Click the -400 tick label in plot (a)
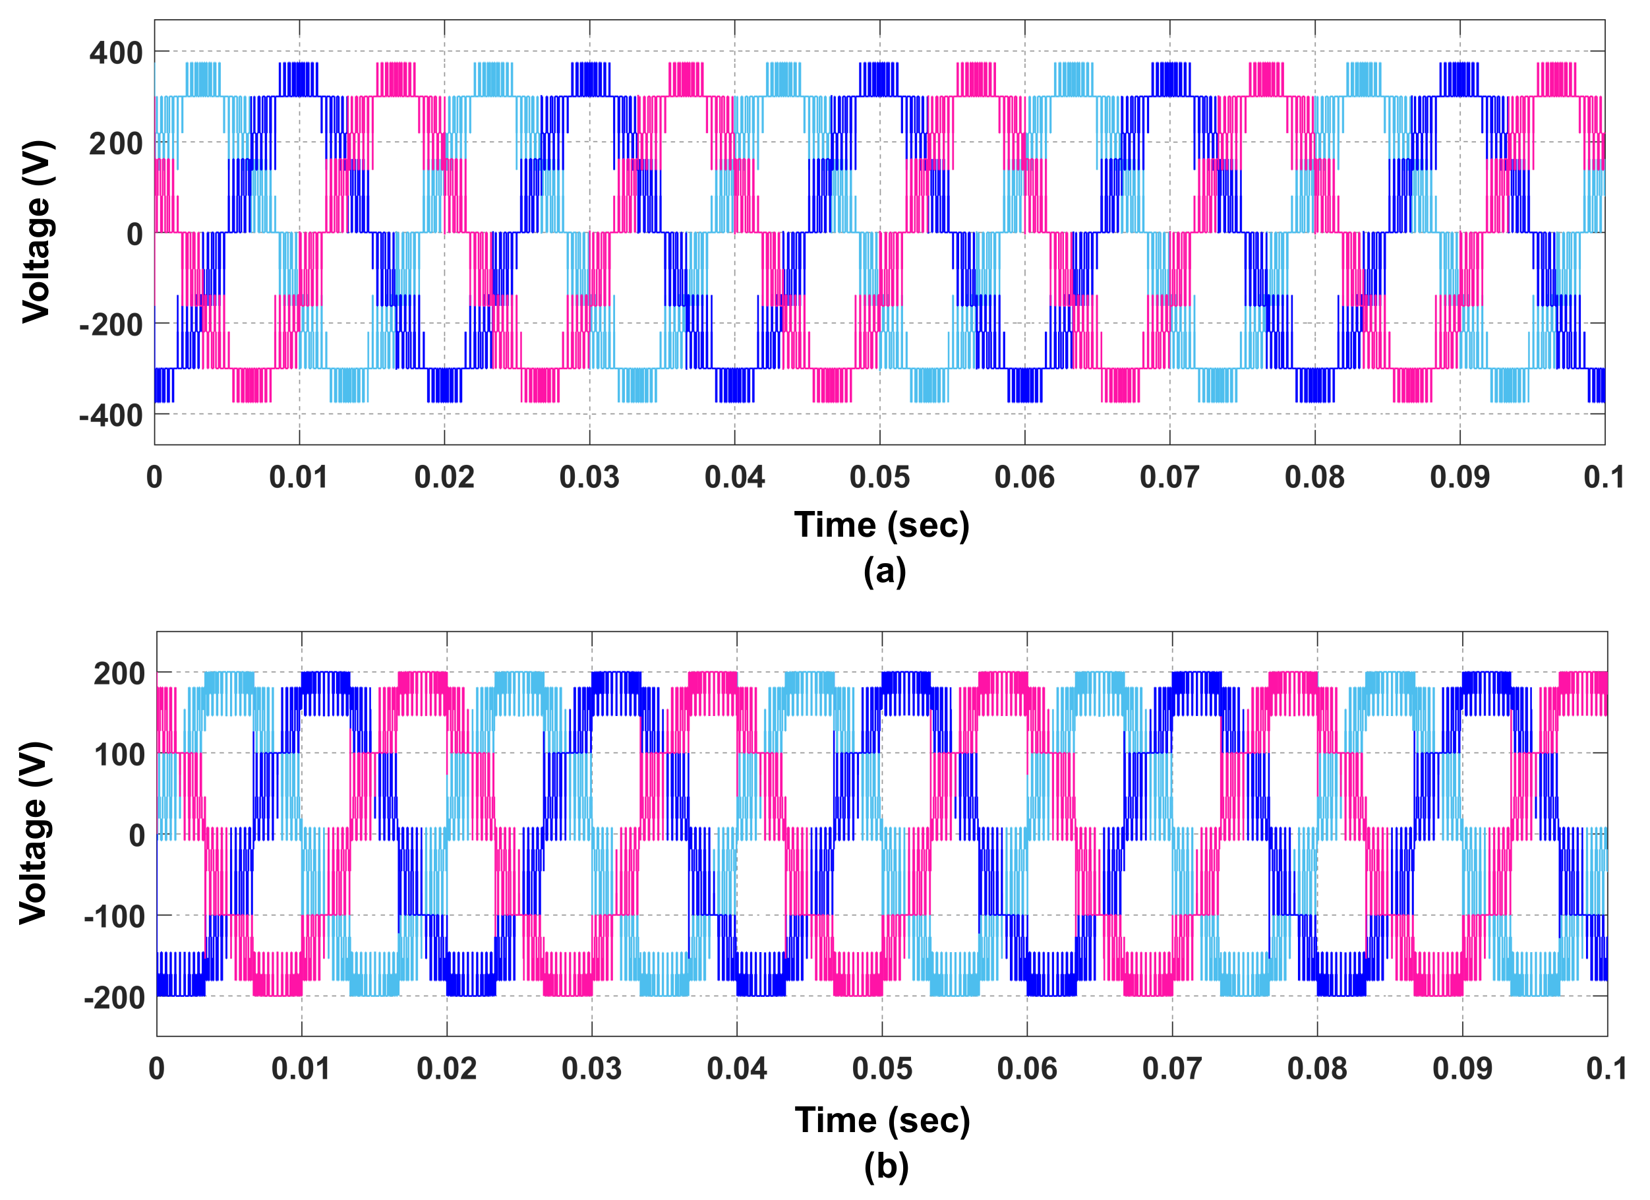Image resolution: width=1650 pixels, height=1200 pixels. [111, 415]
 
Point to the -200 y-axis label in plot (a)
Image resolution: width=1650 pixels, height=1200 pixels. [111, 324]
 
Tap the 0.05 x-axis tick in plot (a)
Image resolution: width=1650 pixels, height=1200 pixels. [879, 477]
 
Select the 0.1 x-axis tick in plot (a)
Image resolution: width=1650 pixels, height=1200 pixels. [1603, 477]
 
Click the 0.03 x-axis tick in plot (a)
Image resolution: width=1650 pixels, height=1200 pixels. [589, 477]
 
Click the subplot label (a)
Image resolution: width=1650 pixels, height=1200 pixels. [885, 570]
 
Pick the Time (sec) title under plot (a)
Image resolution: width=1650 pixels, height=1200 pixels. [882, 525]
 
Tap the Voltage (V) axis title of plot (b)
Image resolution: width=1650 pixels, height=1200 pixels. [34, 833]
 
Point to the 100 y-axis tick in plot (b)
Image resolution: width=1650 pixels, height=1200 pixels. [120, 755]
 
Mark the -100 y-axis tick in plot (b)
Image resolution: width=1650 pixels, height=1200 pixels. [115, 916]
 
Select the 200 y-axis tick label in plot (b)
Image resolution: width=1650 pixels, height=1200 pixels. [120, 674]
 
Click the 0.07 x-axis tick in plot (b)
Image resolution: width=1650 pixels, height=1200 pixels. [1172, 1068]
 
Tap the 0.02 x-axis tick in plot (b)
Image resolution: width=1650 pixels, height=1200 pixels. [447, 1068]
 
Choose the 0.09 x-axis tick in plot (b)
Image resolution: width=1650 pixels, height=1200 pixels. [1462, 1068]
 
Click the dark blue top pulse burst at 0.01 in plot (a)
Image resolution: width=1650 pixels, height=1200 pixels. [298, 79]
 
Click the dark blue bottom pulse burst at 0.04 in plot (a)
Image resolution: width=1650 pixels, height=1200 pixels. [734, 385]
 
